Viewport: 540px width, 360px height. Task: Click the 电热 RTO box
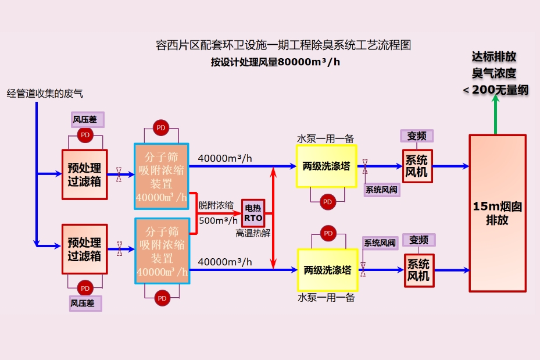[x=253, y=213]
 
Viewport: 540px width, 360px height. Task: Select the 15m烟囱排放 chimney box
[x=498, y=213]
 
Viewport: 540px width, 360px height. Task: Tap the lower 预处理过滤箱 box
[x=84, y=249]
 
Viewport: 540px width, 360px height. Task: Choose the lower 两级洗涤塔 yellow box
[x=327, y=270]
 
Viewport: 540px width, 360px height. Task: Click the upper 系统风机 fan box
[x=417, y=166]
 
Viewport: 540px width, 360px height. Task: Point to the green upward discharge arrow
[x=496, y=113]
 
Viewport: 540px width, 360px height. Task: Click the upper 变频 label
[x=417, y=136]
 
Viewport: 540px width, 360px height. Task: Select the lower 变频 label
[x=419, y=240]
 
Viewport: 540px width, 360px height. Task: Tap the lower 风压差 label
[x=85, y=303]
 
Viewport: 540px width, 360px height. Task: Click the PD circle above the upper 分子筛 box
[x=161, y=127]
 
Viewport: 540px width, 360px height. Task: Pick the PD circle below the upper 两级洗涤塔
[x=327, y=202]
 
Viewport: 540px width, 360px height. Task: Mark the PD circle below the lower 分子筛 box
[x=162, y=298]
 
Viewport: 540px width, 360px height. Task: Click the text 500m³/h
[x=218, y=220]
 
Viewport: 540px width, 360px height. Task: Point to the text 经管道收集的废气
[x=45, y=93]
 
